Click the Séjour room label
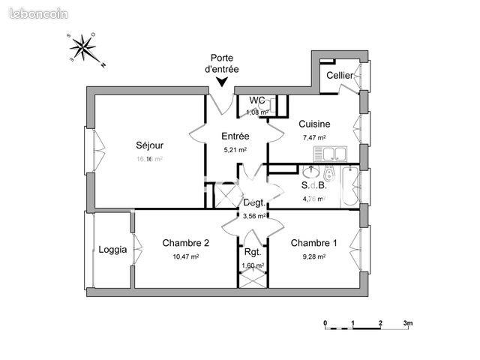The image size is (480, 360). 149,145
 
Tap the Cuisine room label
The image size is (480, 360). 314,124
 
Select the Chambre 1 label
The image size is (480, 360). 313,242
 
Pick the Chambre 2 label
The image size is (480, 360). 185,242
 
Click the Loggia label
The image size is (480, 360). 112,250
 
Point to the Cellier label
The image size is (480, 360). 340,76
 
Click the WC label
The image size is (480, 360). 257,100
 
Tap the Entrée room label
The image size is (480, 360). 235,136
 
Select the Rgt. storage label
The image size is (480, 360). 252,252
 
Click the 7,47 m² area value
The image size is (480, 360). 314,138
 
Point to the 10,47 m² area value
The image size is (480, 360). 185,256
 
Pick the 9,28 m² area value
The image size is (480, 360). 313,256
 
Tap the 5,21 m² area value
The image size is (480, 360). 235,150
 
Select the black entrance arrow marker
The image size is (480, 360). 223,83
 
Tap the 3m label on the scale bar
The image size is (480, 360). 407,323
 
